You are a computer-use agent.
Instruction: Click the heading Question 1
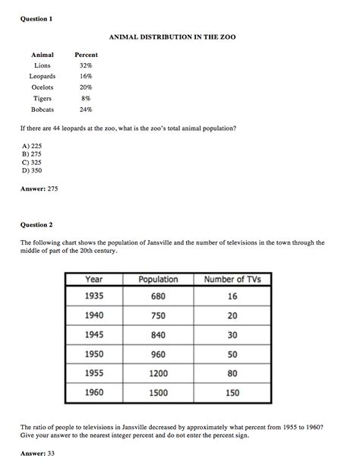coord(36,19)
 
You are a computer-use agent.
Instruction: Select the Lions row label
coord(43,66)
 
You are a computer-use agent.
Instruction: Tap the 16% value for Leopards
coord(86,77)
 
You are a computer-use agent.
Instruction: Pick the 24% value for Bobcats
coord(86,109)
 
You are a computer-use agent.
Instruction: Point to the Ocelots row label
coord(43,87)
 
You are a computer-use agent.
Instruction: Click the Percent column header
coord(86,55)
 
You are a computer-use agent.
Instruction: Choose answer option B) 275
coord(31,153)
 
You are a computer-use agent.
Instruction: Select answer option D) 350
coord(32,170)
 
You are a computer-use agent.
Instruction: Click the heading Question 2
coord(36,225)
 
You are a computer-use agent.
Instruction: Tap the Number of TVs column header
coord(232,280)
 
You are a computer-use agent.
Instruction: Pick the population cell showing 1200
coord(158,374)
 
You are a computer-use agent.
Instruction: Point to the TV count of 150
coord(232,393)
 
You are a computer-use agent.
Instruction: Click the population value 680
coord(158,296)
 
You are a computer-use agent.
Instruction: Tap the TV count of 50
coord(232,354)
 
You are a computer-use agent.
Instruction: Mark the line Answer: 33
coord(39,453)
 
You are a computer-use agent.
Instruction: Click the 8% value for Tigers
coord(86,99)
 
